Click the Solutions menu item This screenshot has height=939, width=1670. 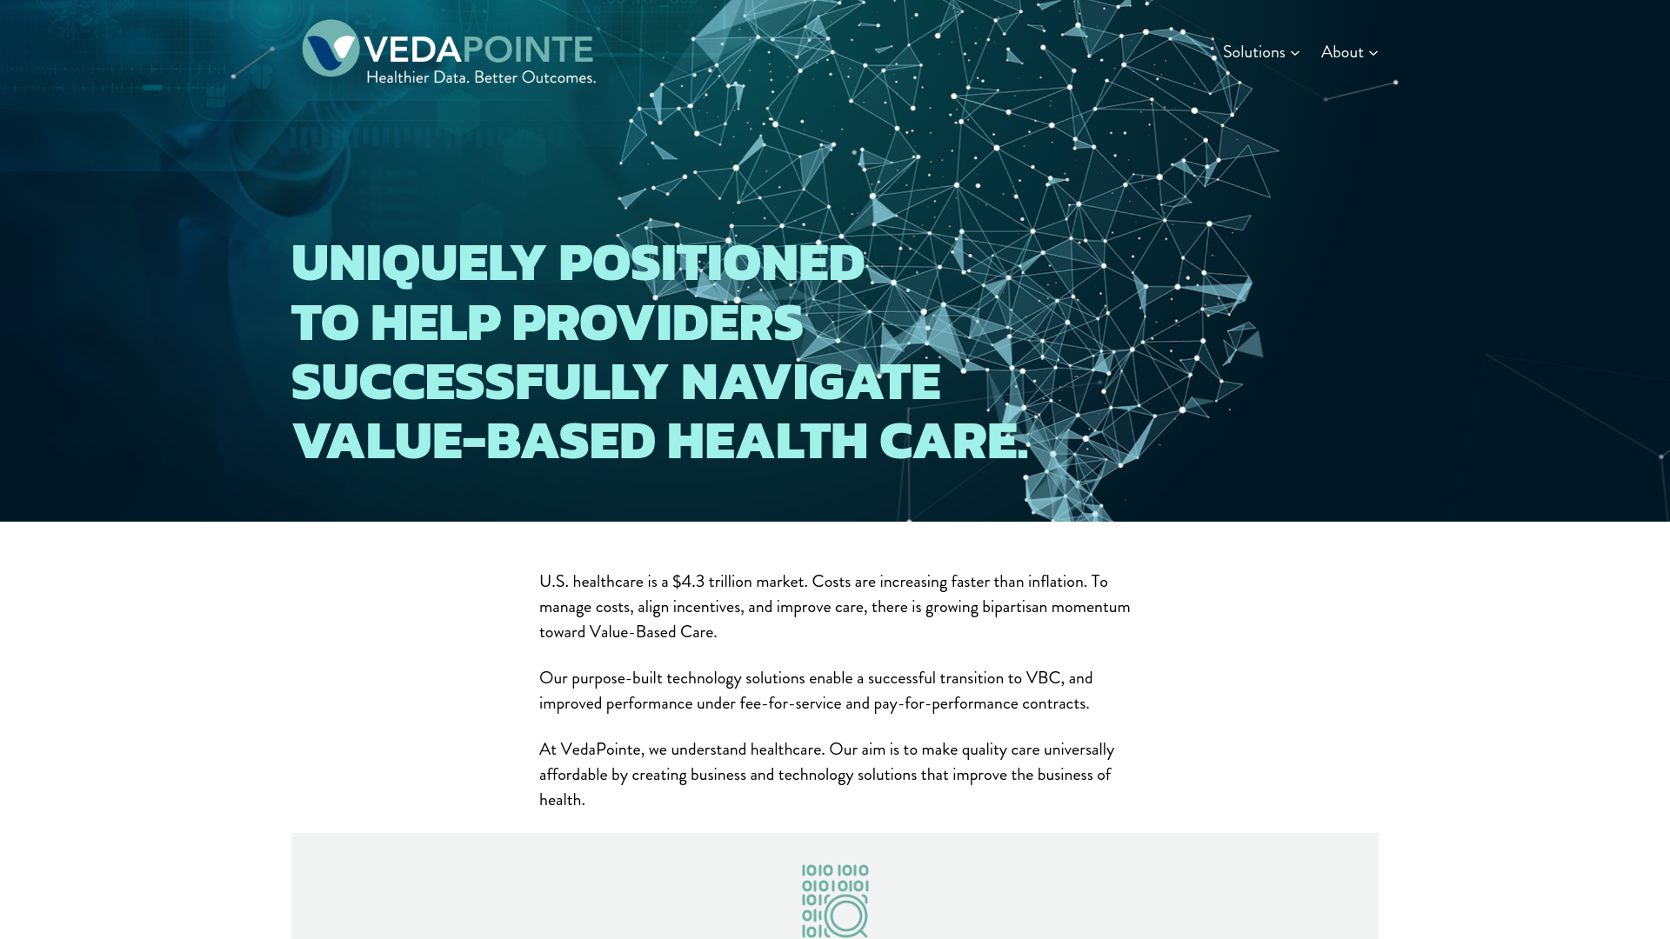pos(1253,52)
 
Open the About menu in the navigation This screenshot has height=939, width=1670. pos(1342,52)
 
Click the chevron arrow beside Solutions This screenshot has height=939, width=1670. pos(1295,53)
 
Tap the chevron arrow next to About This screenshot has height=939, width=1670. pos(1373,53)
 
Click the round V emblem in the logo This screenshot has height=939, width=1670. pos(331,49)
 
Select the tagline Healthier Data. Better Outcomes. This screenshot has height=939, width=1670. pos(480,77)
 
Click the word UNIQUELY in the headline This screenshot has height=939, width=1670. pos(418,263)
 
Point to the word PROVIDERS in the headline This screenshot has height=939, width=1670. pos(657,323)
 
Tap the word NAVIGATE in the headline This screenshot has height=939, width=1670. pos(810,382)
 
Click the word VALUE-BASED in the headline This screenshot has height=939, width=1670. pos(474,441)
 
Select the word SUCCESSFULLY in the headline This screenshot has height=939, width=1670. pos(479,382)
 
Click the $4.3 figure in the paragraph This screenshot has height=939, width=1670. pos(688,582)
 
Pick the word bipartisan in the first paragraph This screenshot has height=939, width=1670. pos(1014,607)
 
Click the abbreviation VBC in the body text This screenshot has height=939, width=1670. pos(1043,678)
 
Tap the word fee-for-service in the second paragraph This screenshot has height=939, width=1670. pos(791,703)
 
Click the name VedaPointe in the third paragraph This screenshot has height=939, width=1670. pos(600,749)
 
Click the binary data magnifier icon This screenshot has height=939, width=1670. pos(835,901)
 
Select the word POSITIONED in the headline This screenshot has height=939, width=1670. pos(711,263)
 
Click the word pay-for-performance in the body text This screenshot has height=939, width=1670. pos(945,703)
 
